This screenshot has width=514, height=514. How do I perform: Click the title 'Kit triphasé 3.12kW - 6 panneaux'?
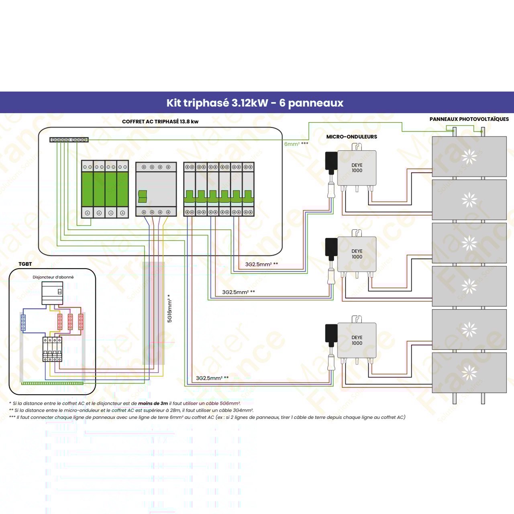tap(255, 103)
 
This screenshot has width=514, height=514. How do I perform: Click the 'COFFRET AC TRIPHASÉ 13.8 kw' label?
tap(160, 122)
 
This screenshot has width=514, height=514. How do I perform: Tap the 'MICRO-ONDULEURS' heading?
tap(351, 137)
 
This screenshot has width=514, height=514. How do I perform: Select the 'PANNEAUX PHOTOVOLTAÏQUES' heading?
tap(469, 119)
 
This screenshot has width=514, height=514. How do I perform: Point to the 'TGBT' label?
tap(25, 264)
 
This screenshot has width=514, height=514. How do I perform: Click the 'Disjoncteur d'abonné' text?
tap(53, 277)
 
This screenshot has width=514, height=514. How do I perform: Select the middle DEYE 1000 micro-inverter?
tap(357, 254)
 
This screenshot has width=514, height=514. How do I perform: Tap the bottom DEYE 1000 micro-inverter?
tap(357, 341)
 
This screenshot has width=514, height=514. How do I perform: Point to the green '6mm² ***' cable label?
tap(296, 144)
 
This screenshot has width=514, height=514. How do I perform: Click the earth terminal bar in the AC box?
tap(69, 140)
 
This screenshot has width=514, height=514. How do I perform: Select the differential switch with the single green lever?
tap(156, 190)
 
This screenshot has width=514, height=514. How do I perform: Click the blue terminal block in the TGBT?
tap(23, 322)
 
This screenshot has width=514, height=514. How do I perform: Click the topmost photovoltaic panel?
tap(469, 156)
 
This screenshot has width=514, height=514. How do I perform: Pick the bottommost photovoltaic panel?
tap(469, 373)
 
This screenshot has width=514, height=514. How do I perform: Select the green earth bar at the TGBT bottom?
tap(52, 383)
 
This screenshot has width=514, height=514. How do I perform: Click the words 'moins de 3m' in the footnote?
tap(153, 403)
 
